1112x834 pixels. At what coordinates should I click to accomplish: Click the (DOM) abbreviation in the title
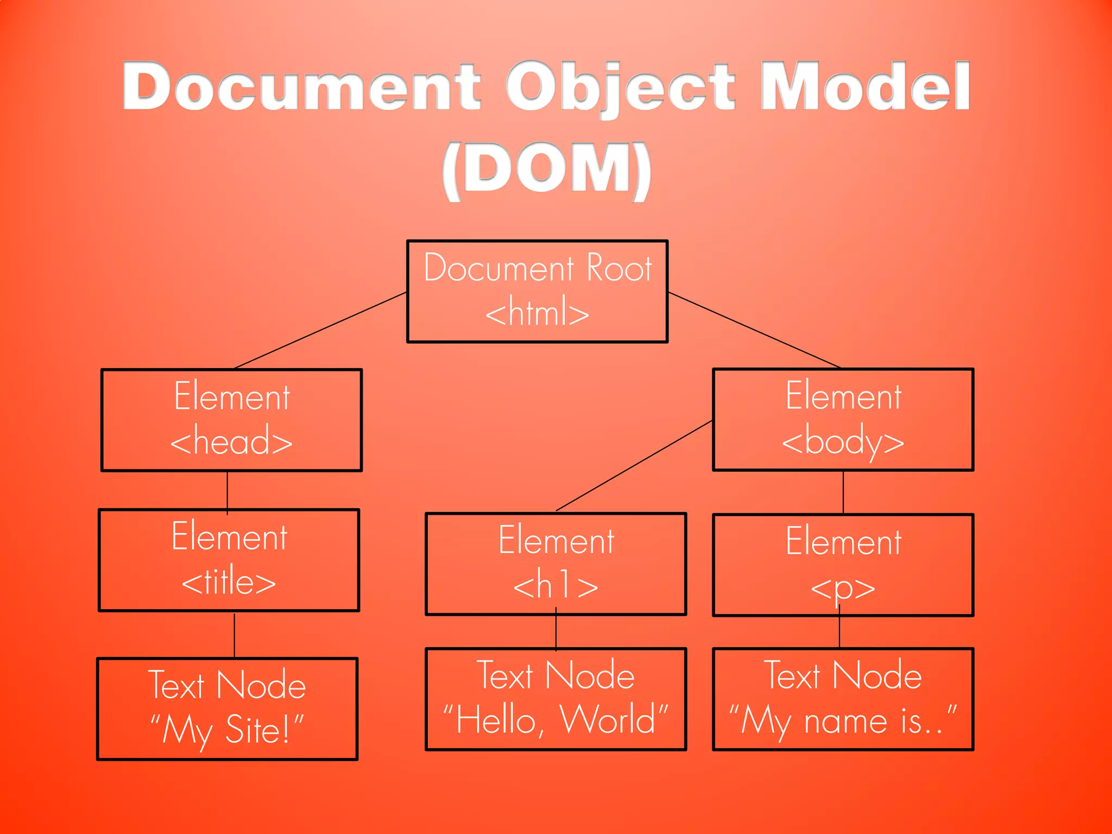click(546, 169)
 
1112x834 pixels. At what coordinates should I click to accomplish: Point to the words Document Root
click(538, 268)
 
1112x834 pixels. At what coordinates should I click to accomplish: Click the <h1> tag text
click(555, 586)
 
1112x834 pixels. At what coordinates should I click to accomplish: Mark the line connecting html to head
click(320, 330)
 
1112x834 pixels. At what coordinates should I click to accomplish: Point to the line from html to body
click(755, 330)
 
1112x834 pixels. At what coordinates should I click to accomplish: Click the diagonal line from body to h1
click(634, 466)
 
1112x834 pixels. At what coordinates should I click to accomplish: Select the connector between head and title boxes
click(228, 490)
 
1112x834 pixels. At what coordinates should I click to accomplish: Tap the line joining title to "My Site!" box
click(235, 635)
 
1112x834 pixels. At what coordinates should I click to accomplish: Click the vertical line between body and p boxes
click(843, 492)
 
